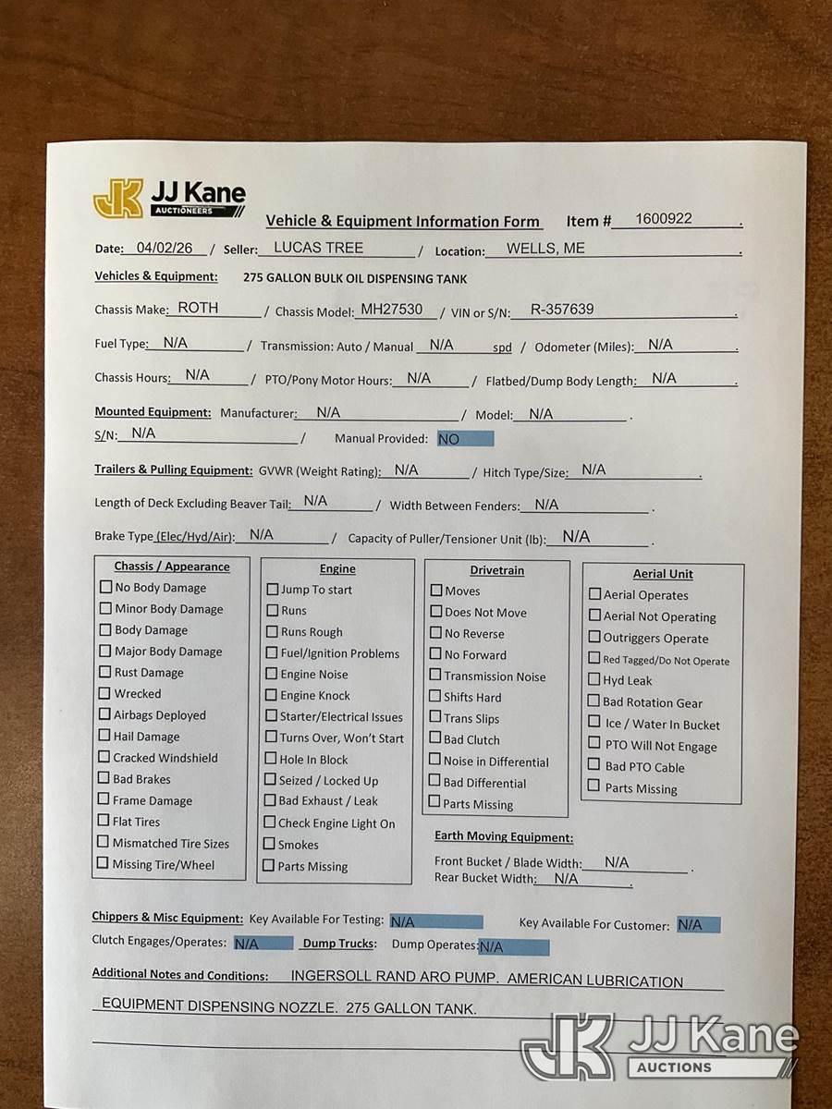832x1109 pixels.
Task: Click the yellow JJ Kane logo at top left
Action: (118, 199)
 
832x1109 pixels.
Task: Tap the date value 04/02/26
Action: (164, 248)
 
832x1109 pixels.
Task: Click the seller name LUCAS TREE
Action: (319, 248)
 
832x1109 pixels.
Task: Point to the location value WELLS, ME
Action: (545, 248)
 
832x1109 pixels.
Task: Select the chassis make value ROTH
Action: (198, 308)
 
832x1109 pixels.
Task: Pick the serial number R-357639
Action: (562, 310)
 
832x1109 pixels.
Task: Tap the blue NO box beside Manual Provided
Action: (465, 439)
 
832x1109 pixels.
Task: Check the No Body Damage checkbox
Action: (106, 587)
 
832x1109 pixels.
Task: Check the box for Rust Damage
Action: (105, 672)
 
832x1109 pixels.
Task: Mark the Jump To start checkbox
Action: (273, 590)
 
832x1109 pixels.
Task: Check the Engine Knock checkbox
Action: (272, 695)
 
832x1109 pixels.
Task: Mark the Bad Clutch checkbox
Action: (434, 738)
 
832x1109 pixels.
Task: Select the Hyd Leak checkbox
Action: (594, 680)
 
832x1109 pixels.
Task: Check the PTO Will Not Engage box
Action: (595, 744)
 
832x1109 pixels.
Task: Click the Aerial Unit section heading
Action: (663, 574)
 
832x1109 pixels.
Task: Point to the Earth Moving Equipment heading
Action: (504, 837)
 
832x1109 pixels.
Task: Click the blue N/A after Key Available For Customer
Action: (698, 924)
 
